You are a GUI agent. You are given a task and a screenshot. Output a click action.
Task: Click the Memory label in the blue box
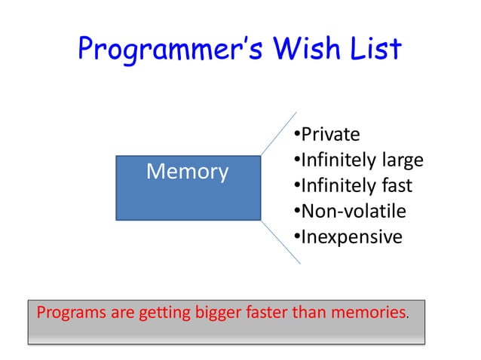(x=187, y=172)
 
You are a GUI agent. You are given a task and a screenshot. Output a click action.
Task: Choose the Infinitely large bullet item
(x=357, y=160)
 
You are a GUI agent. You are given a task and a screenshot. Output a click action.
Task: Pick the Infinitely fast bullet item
(x=352, y=185)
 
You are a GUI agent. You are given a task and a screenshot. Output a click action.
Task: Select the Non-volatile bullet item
(x=348, y=211)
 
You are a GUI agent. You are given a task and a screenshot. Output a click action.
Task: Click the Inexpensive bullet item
(x=347, y=236)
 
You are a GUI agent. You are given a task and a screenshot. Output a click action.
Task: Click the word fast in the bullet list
(x=394, y=185)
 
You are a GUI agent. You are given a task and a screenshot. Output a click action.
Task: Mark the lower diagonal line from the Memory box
(x=281, y=242)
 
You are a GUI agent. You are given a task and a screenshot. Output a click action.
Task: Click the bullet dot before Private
(x=296, y=135)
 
